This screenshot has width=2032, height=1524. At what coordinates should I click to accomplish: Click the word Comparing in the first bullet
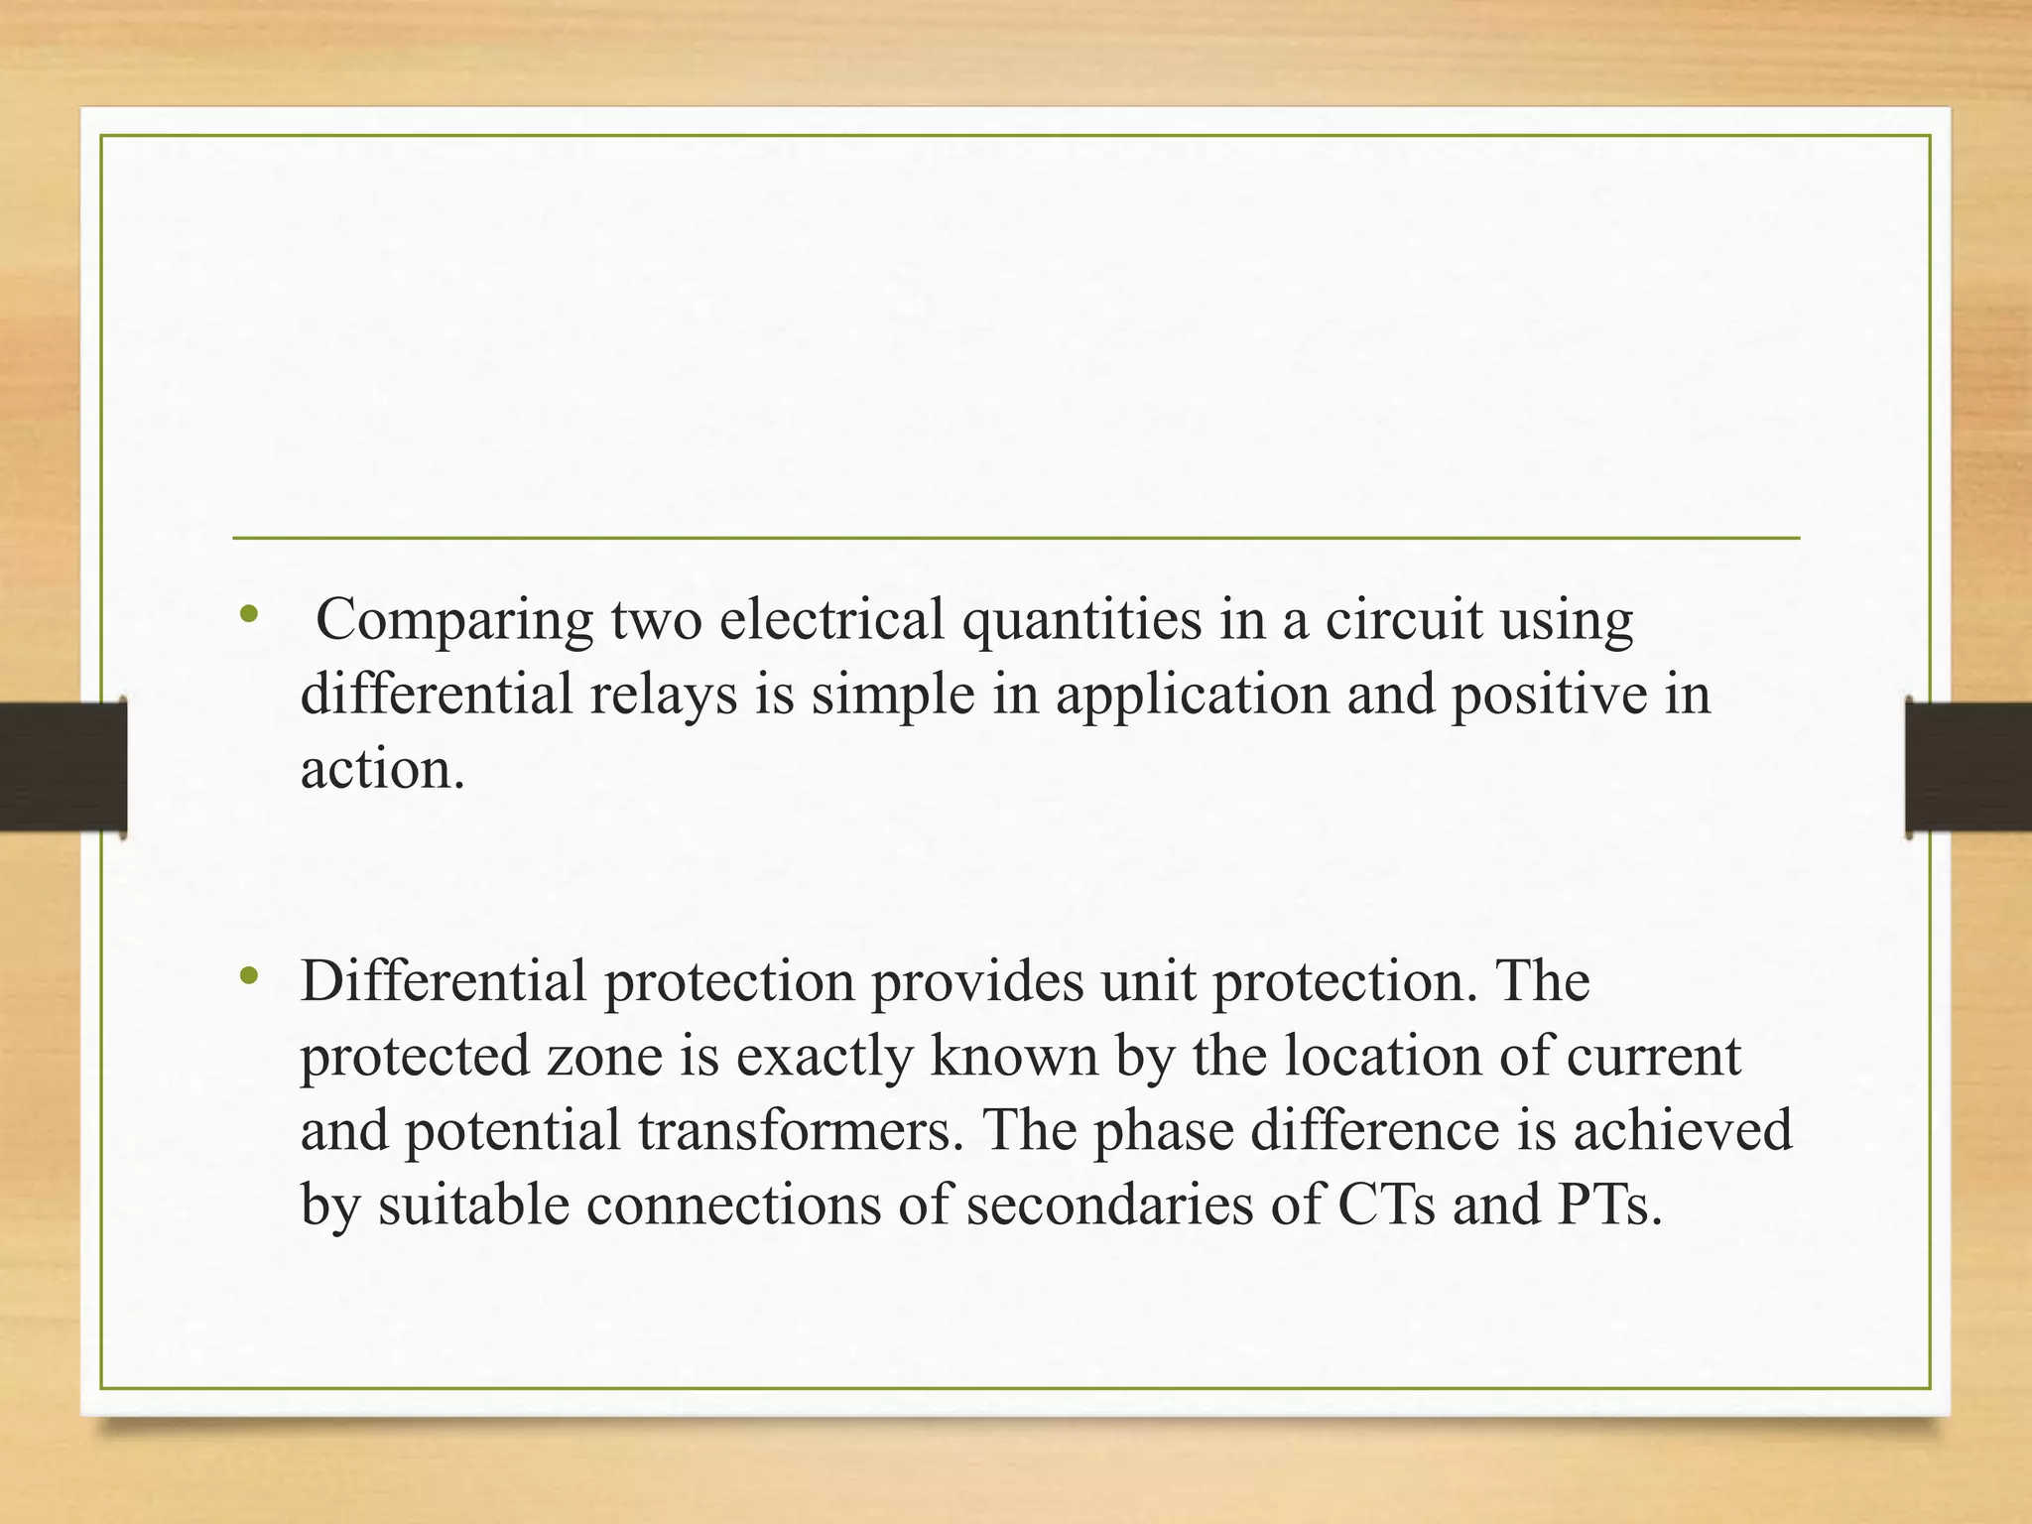click(x=454, y=621)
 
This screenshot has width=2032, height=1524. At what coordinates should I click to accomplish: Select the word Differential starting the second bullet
click(x=444, y=981)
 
